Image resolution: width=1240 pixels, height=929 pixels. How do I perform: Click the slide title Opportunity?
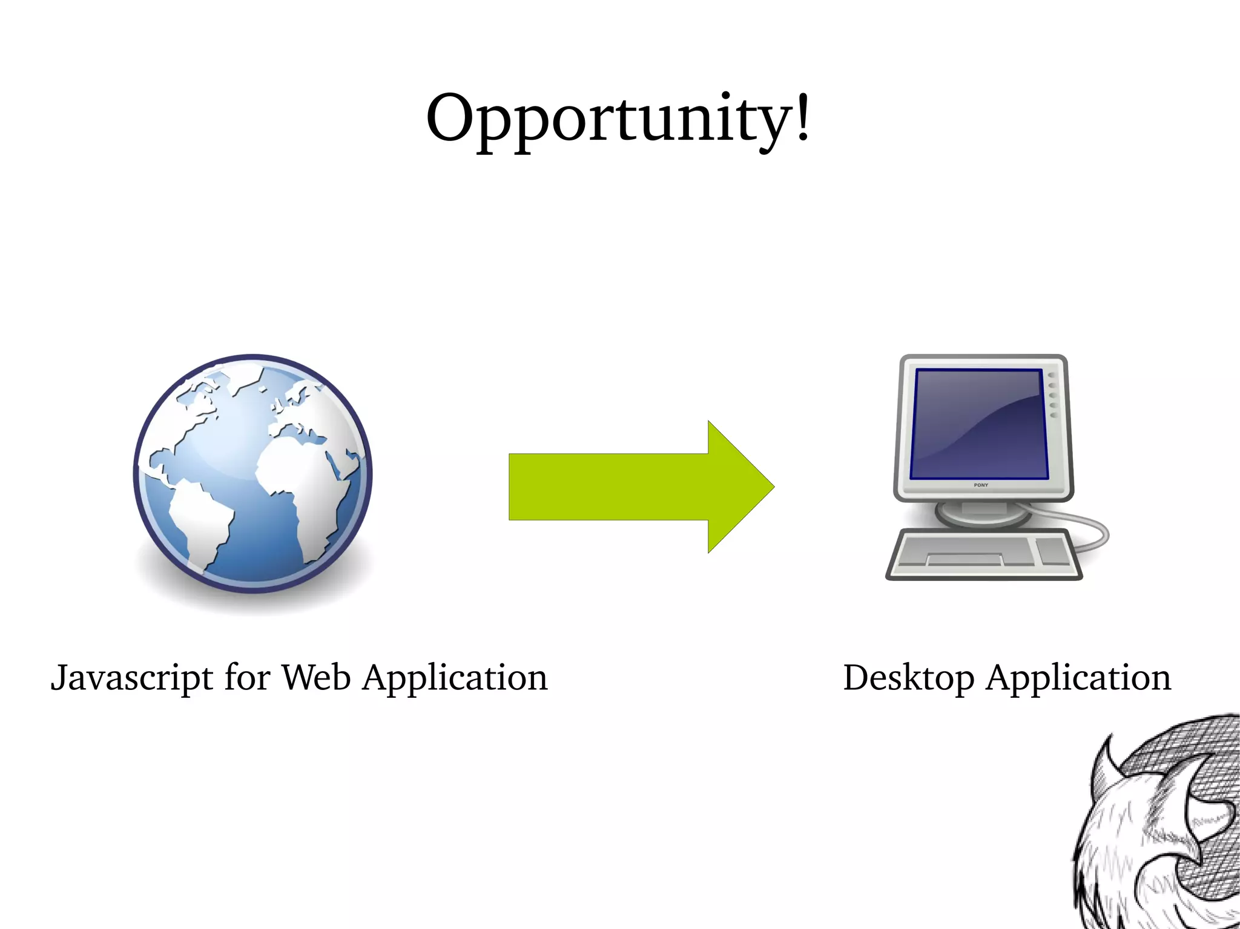618,118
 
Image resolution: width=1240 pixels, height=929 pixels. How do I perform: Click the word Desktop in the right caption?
908,678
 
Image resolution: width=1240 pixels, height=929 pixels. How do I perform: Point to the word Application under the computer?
1078,678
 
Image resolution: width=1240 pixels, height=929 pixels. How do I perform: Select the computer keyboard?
984,554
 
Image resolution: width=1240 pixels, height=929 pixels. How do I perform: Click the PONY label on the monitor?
981,485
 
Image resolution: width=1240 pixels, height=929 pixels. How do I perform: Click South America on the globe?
200,520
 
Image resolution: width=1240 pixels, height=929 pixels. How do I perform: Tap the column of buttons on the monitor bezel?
1052,395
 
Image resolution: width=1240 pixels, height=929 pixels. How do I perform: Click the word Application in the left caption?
455,678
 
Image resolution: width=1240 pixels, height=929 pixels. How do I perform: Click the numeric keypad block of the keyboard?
1054,551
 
